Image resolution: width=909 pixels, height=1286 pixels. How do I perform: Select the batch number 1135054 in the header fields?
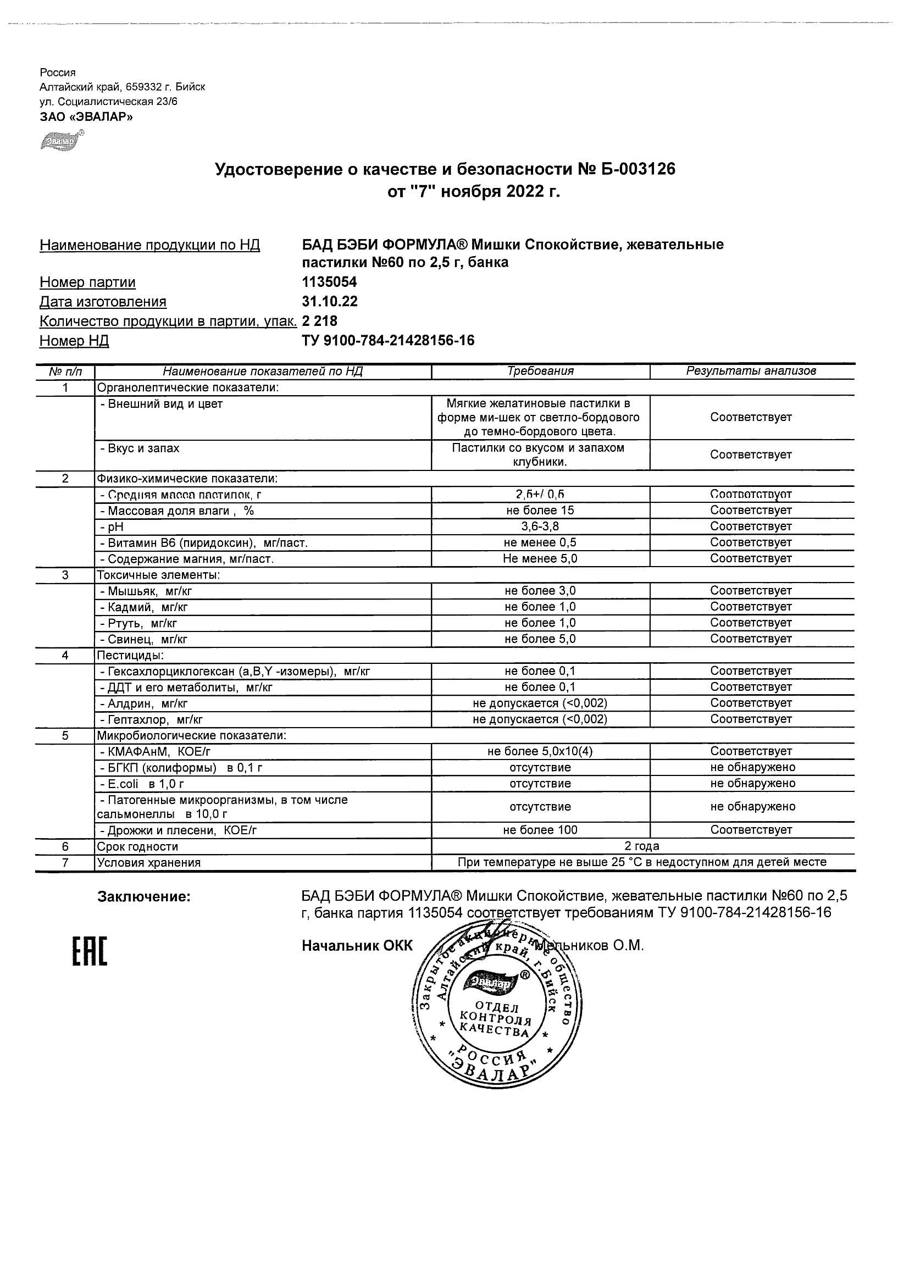pos(329,282)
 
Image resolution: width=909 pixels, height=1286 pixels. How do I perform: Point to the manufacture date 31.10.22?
pos(329,301)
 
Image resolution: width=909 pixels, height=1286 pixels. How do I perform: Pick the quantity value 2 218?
pos(319,321)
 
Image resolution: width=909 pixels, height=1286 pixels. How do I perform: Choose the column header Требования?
pos(540,371)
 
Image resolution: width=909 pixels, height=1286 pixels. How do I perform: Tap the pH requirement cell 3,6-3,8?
pos(540,526)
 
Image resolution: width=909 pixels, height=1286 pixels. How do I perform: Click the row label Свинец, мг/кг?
pos(143,639)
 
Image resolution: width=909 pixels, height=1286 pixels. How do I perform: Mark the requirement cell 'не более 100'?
pos(540,830)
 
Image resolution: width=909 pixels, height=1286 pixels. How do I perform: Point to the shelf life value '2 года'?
pos(642,846)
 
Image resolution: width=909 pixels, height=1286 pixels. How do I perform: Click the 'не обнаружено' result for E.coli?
pos(752,784)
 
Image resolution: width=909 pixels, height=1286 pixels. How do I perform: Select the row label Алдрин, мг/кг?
pos(143,703)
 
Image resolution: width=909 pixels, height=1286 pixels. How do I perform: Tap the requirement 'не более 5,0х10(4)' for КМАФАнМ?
pos(540,752)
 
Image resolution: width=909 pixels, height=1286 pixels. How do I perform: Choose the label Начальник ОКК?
pos(357,946)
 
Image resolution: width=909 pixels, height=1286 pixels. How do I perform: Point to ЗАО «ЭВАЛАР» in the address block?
pos(86,117)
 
